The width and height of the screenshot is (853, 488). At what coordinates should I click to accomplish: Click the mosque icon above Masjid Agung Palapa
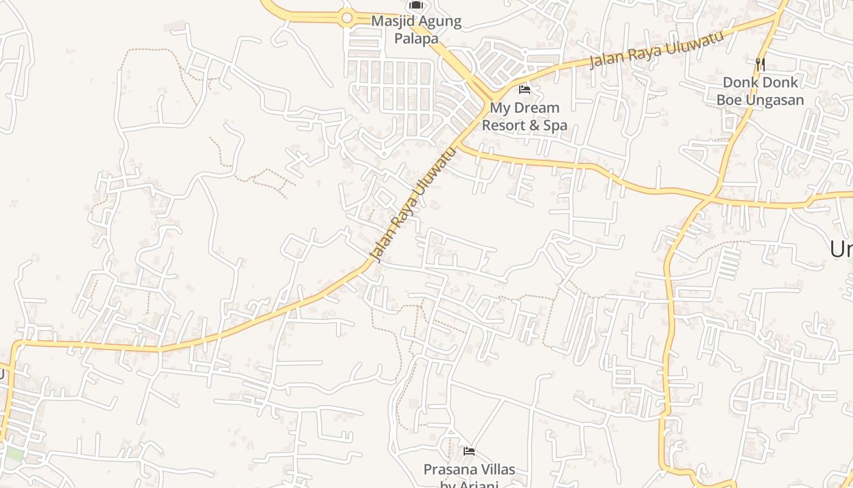coord(416,5)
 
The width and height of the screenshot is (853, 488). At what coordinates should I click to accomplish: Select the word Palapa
coord(416,39)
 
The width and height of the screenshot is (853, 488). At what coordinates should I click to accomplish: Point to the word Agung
coord(441,22)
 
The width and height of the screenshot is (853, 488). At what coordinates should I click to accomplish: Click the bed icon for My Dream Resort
coord(525,90)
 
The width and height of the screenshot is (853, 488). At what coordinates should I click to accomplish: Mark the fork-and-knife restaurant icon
coord(760,63)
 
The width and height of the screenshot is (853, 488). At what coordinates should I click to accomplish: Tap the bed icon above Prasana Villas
coord(469,451)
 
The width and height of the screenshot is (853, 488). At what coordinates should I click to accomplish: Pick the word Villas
coord(497,470)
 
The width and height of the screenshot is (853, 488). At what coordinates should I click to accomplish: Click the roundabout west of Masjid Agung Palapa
coord(347,18)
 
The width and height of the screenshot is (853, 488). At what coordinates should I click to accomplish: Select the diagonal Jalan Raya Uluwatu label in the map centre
coord(412,206)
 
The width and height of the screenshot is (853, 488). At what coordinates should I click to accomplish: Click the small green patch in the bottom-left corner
coord(13,454)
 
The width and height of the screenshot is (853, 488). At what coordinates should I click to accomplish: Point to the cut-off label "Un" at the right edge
coord(841,249)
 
